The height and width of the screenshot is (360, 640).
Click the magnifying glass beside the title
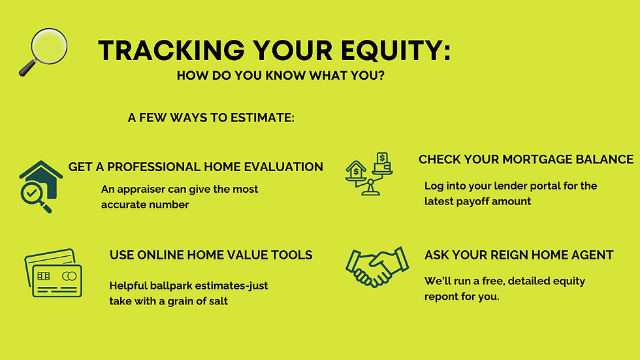(x=43, y=52)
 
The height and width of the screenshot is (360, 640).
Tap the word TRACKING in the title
(x=171, y=50)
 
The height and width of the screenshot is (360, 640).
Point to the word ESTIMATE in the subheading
(x=262, y=118)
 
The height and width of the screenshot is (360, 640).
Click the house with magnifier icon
(x=40, y=186)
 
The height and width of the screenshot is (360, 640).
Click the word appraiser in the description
(x=138, y=189)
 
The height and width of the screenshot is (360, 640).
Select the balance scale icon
(x=369, y=174)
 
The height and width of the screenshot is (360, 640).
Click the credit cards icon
(x=53, y=272)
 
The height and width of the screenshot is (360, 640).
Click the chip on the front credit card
(x=44, y=276)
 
